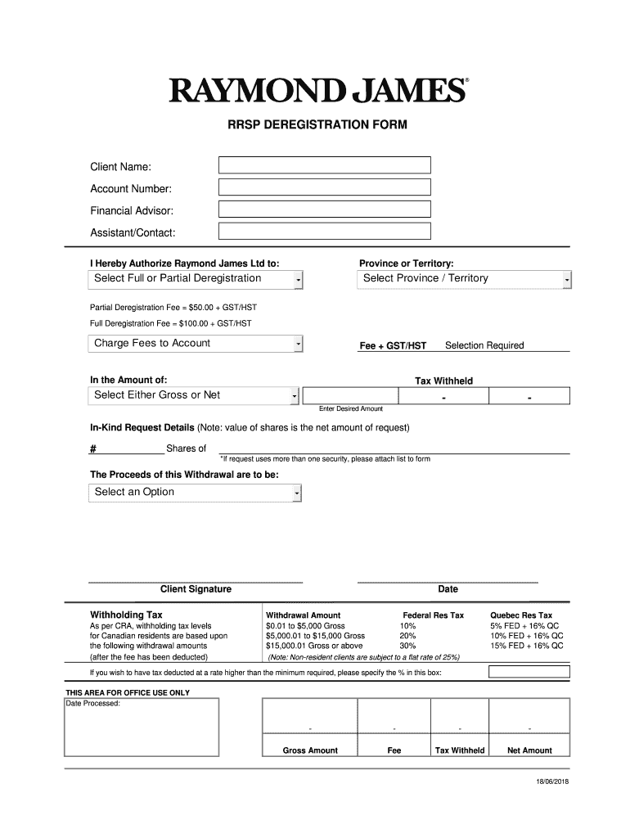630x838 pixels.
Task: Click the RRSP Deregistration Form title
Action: click(317, 126)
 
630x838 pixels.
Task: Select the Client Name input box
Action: click(324, 165)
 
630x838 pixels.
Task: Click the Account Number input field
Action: click(324, 187)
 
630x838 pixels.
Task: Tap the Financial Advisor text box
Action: click(324, 209)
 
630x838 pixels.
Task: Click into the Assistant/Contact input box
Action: click(324, 232)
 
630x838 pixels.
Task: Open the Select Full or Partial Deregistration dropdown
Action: click(196, 279)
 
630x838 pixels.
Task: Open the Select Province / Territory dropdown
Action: click(464, 279)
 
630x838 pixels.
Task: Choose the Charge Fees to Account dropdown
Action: click(196, 344)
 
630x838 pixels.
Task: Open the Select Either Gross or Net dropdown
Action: click(193, 395)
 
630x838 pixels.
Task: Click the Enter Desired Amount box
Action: click(349, 396)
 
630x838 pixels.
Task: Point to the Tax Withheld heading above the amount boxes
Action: click(443, 381)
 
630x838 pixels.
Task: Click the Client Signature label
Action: click(196, 589)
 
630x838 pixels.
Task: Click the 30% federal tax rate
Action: click(407, 646)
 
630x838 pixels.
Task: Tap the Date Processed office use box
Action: click(142, 728)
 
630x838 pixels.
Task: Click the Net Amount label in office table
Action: click(529, 750)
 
